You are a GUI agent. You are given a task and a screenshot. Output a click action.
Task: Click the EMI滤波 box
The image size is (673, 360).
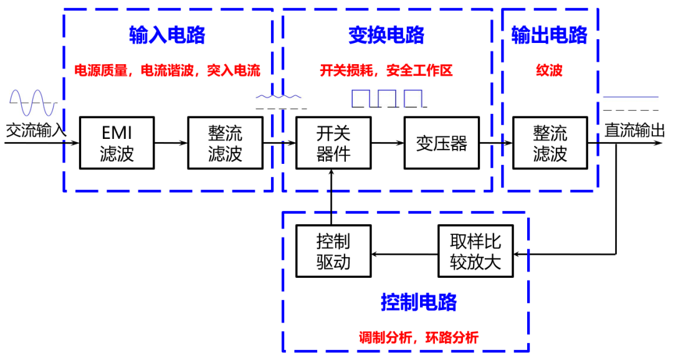click(x=117, y=143)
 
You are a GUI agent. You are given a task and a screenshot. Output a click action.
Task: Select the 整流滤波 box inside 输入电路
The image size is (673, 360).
click(x=226, y=143)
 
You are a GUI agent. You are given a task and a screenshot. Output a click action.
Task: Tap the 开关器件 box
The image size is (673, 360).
click(x=333, y=143)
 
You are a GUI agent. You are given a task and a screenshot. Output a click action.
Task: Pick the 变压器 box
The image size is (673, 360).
click(x=442, y=143)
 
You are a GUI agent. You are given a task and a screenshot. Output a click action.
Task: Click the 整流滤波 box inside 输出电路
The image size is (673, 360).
click(x=550, y=143)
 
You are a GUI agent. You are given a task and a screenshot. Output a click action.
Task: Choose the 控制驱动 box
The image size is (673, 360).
click(x=333, y=251)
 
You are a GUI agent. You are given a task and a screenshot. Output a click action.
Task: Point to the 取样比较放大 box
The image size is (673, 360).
click(x=475, y=251)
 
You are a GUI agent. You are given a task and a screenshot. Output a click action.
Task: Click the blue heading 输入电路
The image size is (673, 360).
click(x=168, y=35)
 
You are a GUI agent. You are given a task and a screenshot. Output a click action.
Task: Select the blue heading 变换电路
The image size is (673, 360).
click(x=386, y=35)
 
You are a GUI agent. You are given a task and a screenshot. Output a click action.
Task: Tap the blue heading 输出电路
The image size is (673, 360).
click(x=550, y=35)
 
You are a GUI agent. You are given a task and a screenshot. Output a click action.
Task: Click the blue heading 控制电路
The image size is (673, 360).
click(x=419, y=302)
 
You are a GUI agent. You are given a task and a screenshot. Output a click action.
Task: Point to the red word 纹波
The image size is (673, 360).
click(x=550, y=70)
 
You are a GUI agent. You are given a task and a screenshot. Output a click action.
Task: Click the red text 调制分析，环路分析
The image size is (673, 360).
click(x=419, y=338)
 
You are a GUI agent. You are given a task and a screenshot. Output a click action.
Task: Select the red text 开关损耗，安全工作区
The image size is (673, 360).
click(x=386, y=70)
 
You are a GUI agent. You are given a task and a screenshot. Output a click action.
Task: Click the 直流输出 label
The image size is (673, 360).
click(x=635, y=130)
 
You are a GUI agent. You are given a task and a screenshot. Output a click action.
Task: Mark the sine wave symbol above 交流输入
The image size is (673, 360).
click(x=33, y=103)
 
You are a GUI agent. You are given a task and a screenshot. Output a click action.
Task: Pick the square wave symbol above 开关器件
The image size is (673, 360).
click(x=388, y=98)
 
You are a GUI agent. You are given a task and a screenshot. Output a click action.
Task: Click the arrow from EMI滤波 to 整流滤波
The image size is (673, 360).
click(x=171, y=143)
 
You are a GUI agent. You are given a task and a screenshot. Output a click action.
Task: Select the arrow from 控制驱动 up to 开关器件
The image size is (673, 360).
click(x=331, y=197)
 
